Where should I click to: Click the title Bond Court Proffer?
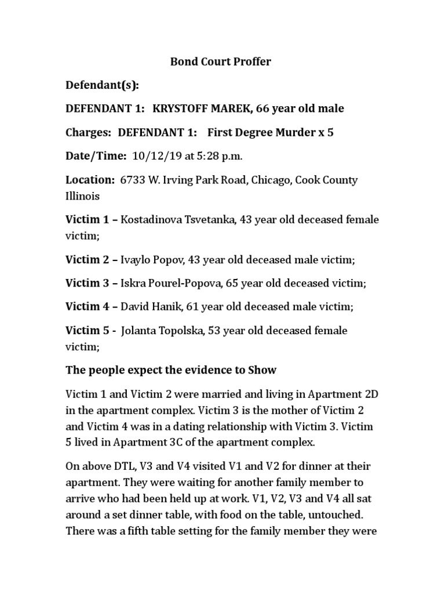tap(221, 61)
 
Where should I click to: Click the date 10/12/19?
tap(150, 156)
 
